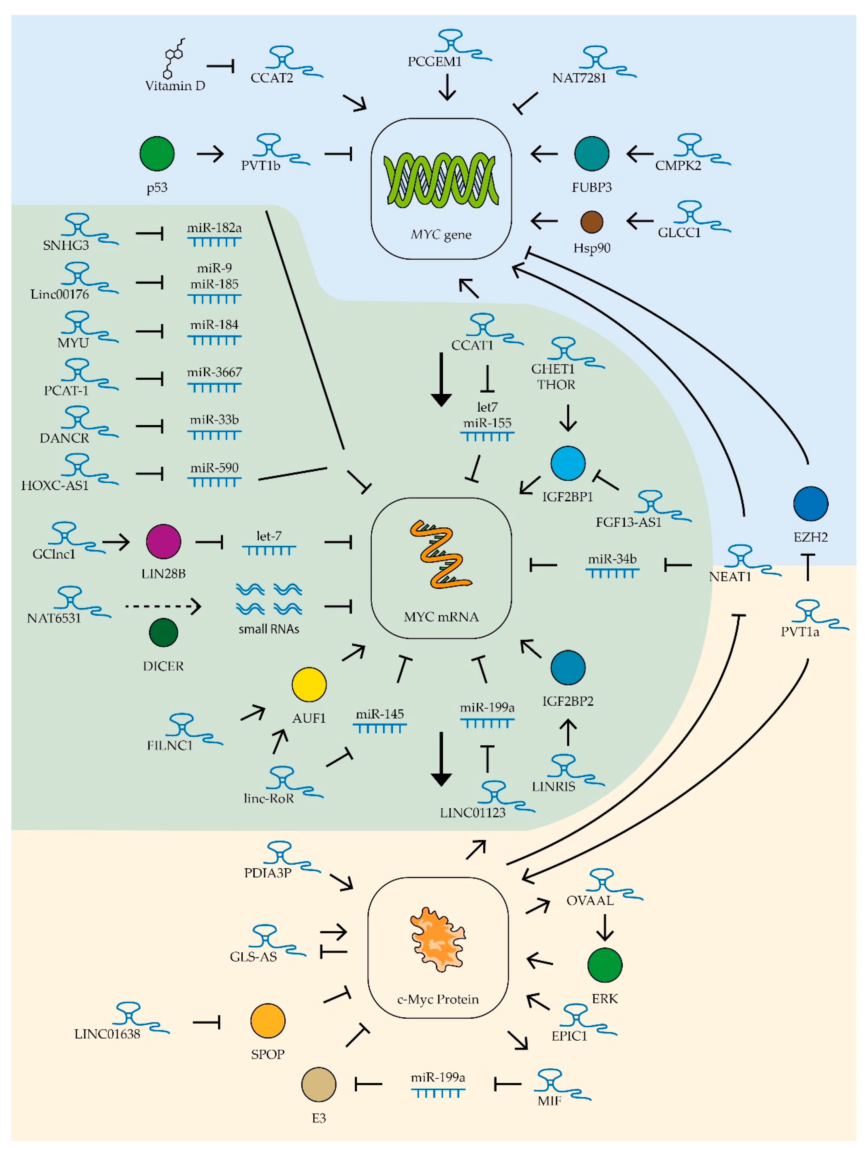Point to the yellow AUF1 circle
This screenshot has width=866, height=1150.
tap(309, 685)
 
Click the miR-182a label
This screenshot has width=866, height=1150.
tap(214, 228)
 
